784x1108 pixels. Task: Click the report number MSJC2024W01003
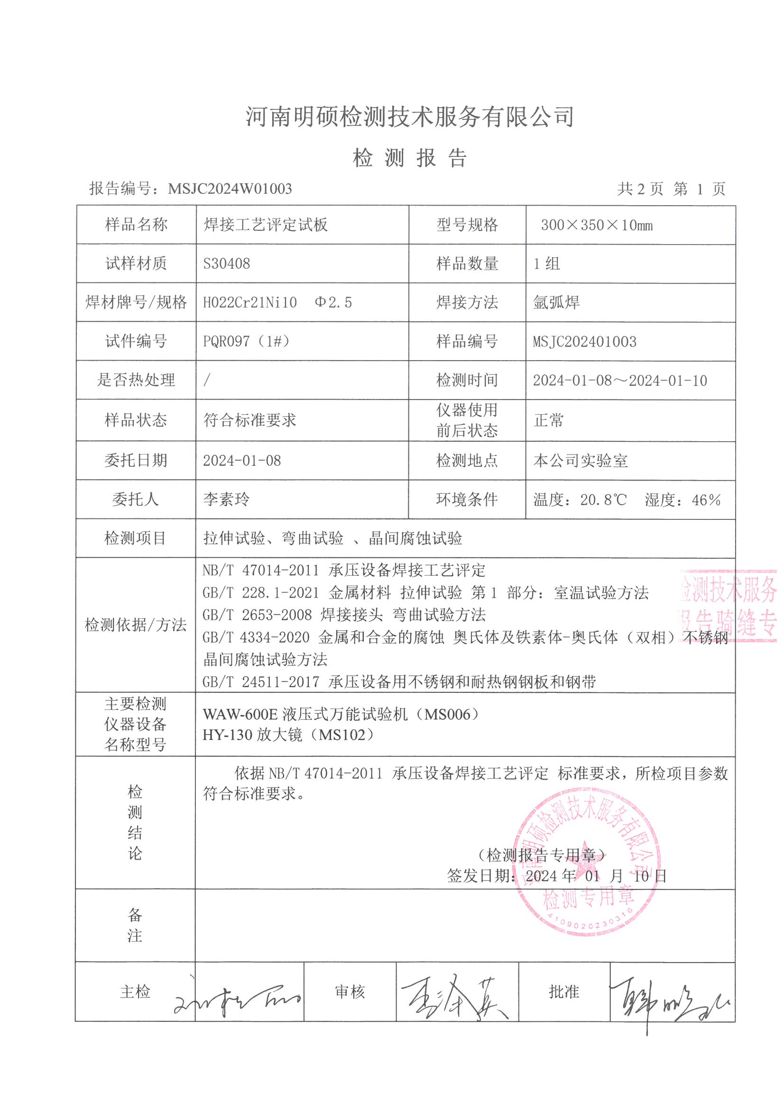230,189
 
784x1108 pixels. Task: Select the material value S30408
227,263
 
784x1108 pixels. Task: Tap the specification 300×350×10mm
597,225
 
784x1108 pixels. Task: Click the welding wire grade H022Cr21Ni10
250,302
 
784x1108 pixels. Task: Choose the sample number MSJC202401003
584,342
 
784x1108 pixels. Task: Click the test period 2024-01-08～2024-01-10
620,380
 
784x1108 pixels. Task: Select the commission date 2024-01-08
241,460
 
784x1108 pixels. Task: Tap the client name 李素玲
227,499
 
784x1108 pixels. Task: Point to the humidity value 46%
706,500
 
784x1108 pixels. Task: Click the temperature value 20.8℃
603,500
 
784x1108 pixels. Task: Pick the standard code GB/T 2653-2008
257,615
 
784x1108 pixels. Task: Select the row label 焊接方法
467,302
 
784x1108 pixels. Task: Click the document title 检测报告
410,158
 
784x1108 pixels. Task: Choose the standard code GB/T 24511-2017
261,682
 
